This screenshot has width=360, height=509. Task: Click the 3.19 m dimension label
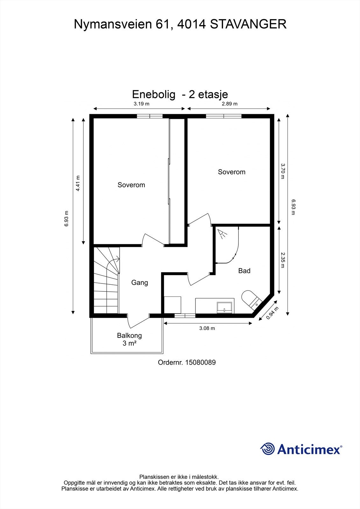(141, 103)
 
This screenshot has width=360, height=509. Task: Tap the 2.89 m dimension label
(229, 103)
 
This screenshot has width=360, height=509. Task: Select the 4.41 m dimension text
(78, 184)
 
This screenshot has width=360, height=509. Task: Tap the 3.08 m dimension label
(207, 328)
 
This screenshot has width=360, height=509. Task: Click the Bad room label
(244, 271)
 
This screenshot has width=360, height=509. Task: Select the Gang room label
(139, 282)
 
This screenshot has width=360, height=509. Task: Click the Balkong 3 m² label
(129, 339)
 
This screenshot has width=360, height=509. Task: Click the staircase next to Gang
(106, 282)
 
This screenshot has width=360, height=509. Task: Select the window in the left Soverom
(150, 116)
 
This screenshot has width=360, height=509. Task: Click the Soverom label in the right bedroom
(231, 172)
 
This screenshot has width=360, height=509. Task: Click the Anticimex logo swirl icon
(267, 449)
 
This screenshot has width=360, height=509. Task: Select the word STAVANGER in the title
(248, 24)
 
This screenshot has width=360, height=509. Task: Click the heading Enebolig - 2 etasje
(180, 94)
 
